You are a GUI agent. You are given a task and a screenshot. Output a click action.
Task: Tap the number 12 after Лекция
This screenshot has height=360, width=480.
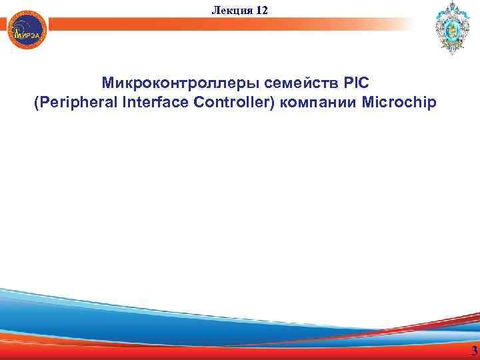pos(261,9)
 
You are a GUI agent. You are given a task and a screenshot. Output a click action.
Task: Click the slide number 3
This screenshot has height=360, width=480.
pos(473,351)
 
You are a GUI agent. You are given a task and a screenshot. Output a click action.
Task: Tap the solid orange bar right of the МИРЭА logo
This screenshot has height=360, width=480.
pos(200,24)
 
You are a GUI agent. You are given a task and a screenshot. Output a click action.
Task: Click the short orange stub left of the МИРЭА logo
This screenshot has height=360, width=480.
pos(5,24)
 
